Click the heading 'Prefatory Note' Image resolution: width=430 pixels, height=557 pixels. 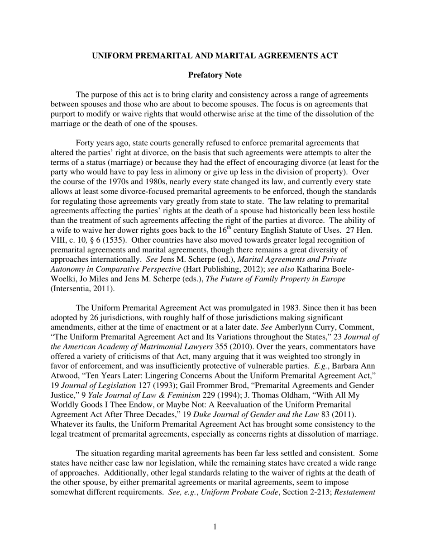click(215, 75)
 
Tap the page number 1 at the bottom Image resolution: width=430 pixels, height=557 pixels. click(215, 526)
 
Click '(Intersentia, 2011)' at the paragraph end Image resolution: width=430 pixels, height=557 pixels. click(82, 288)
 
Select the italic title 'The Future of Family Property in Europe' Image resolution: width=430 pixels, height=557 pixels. click(276, 279)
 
